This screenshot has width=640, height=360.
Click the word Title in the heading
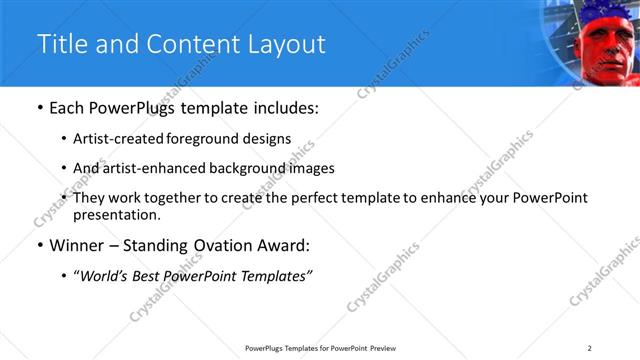(62, 45)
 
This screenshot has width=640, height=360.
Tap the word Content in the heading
(194, 45)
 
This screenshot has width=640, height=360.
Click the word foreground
(208, 140)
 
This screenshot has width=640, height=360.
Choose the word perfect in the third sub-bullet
(309, 198)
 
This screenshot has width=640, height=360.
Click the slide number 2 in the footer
(590, 347)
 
